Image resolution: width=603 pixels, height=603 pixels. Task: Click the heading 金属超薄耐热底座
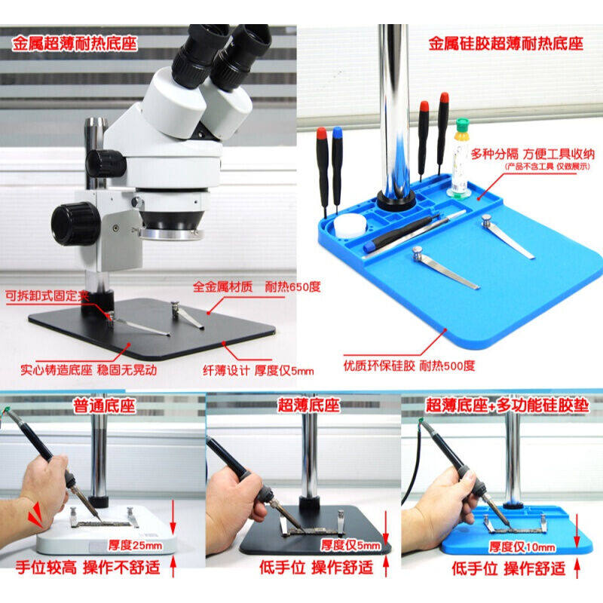click(x=75, y=44)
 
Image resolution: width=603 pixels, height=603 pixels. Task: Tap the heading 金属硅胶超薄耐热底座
click(x=506, y=44)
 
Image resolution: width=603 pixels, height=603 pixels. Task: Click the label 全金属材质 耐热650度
click(x=256, y=286)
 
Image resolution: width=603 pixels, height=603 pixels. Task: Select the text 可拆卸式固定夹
click(x=47, y=295)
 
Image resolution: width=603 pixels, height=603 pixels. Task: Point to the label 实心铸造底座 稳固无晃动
click(x=89, y=370)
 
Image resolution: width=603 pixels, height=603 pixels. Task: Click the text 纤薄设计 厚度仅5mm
click(x=259, y=371)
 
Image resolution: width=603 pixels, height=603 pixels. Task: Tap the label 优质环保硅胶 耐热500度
click(x=409, y=366)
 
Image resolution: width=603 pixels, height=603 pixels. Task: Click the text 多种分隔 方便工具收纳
click(x=533, y=155)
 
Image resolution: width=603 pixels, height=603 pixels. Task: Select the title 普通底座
click(x=105, y=406)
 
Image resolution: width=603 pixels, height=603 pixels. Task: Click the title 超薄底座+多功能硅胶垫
click(x=507, y=406)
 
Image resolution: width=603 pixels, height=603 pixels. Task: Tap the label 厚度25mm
click(x=135, y=545)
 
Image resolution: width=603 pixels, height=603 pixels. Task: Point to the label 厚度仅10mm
click(x=522, y=546)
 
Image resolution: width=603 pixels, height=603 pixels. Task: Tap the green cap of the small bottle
click(x=463, y=126)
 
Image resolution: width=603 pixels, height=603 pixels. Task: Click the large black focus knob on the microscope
click(x=76, y=224)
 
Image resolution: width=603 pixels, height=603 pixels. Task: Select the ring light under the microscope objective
click(x=172, y=233)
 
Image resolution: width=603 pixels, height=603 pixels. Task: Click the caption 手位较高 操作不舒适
click(x=88, y=568)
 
